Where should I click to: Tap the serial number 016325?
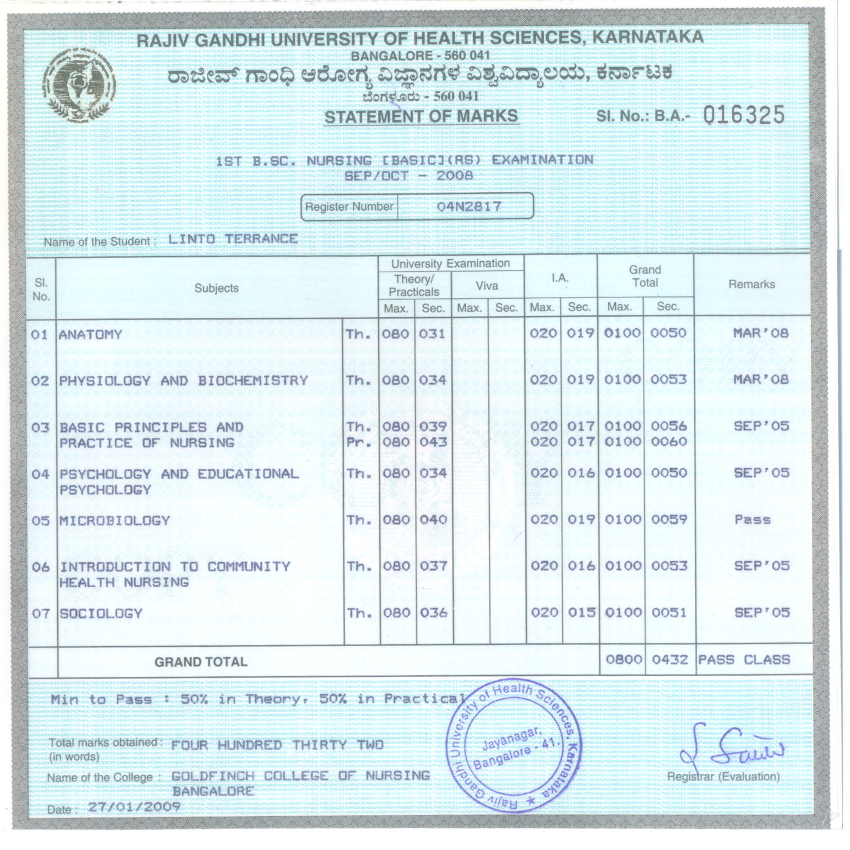(744, 115)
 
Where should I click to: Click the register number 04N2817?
(469, 206)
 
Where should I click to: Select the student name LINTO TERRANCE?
(233, 239)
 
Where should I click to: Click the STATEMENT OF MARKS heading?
(421, 116)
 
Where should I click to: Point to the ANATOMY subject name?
(91, 334)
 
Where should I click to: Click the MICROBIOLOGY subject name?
(115, 520)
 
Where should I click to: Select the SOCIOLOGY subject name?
(101, 613)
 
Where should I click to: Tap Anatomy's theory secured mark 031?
(432, 334)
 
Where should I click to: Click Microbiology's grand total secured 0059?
(669, 520)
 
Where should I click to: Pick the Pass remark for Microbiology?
(752, 520)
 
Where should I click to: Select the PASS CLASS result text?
(743, 660)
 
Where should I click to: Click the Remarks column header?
(751, 285)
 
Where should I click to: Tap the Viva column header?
(487, 286)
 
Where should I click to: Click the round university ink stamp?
(512, 746)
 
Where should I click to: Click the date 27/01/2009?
(134, 807)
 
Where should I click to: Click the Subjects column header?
(216, 288)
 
